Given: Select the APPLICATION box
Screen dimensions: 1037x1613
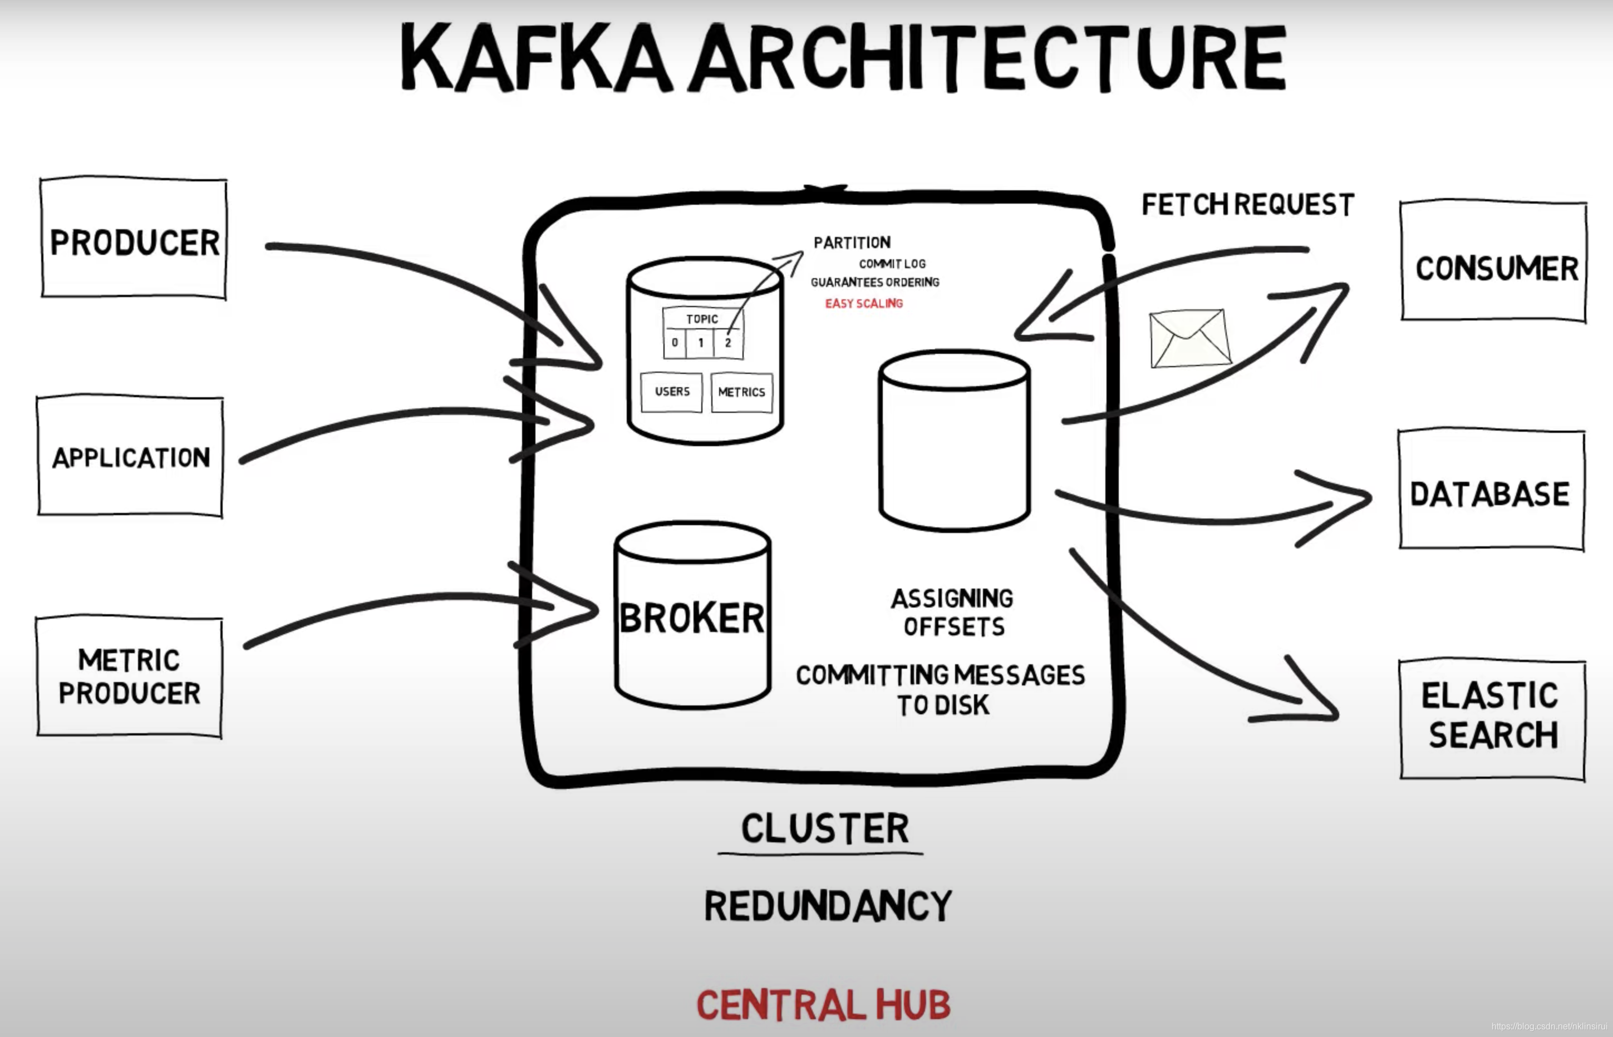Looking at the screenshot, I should pyautogui.click(x=130, y=457).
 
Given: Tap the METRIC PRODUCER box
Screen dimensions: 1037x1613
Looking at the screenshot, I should pyautogui.click(x=129, y=676).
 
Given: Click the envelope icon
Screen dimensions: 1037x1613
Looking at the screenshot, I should pyautogui.click(x=1189, y=338).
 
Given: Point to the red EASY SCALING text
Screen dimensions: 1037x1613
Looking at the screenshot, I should pyautogui.click(x=863, y=304).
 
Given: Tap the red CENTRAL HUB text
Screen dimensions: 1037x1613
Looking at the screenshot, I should pyautogui.click(x=823, y=1005).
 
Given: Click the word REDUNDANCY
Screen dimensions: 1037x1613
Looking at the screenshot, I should pyautogui.click(x=828, y=906).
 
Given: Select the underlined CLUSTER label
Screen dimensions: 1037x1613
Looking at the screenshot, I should pyautogui.click(x=824, y=828).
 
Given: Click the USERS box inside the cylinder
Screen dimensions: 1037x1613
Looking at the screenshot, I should pyautogui.click(x=671, y=391).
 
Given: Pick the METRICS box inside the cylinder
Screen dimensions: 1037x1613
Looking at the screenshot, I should pyautogui.click(x=741, y=392).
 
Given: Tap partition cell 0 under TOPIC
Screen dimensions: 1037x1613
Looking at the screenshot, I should pyautogui.click(x=675, y=343).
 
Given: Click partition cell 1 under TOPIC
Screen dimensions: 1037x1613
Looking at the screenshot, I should pyautogui.click(x=700, y=343).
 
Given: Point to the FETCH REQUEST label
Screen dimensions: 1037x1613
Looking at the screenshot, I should pyautogui.click(x=1247, y=205).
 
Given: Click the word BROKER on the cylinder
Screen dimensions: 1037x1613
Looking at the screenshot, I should pyautogui.click(x=692, y=618).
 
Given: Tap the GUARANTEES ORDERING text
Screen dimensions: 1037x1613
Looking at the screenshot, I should pyautogui.click(x=874, y=282).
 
